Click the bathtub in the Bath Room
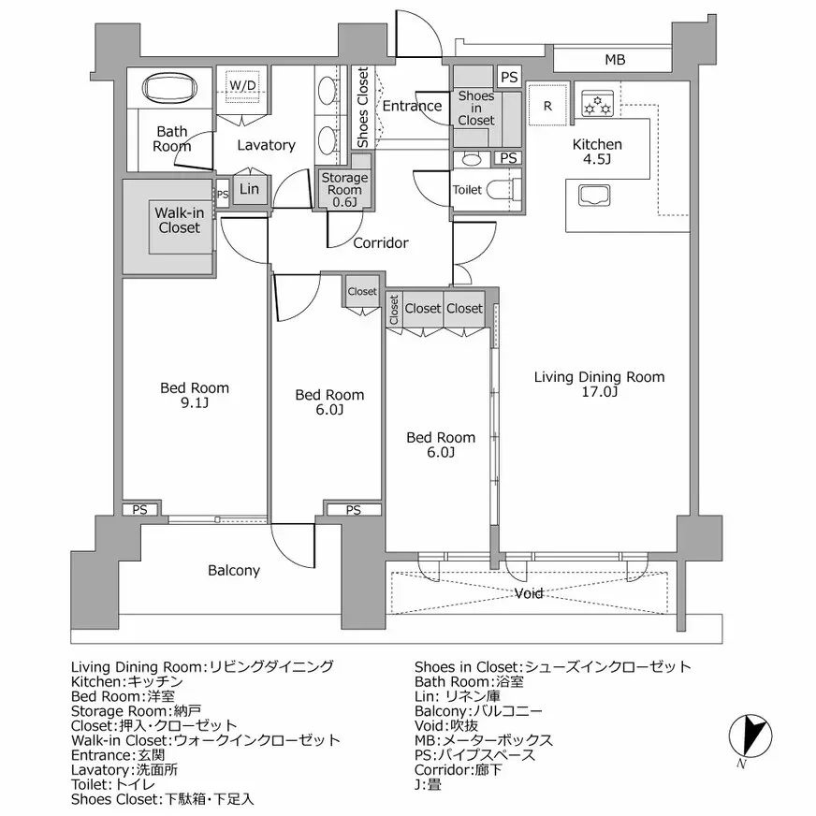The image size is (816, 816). pos(169,90)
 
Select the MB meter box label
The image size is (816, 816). pos(614,61)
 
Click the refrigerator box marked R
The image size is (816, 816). pos(547,104)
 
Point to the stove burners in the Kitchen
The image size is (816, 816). pos(596,103)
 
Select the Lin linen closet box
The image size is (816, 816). pos(249,189)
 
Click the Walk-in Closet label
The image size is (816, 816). pos(179,220)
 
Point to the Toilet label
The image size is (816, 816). pos(467,190)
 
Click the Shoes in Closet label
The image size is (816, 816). pos(476,108)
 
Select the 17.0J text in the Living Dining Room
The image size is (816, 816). pos(599,393)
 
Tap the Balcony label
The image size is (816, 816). pos(234,570)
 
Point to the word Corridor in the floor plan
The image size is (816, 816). pos(380,243)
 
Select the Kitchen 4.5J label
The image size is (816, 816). pos(597,153)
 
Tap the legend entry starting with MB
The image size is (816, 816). pos(484,740)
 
